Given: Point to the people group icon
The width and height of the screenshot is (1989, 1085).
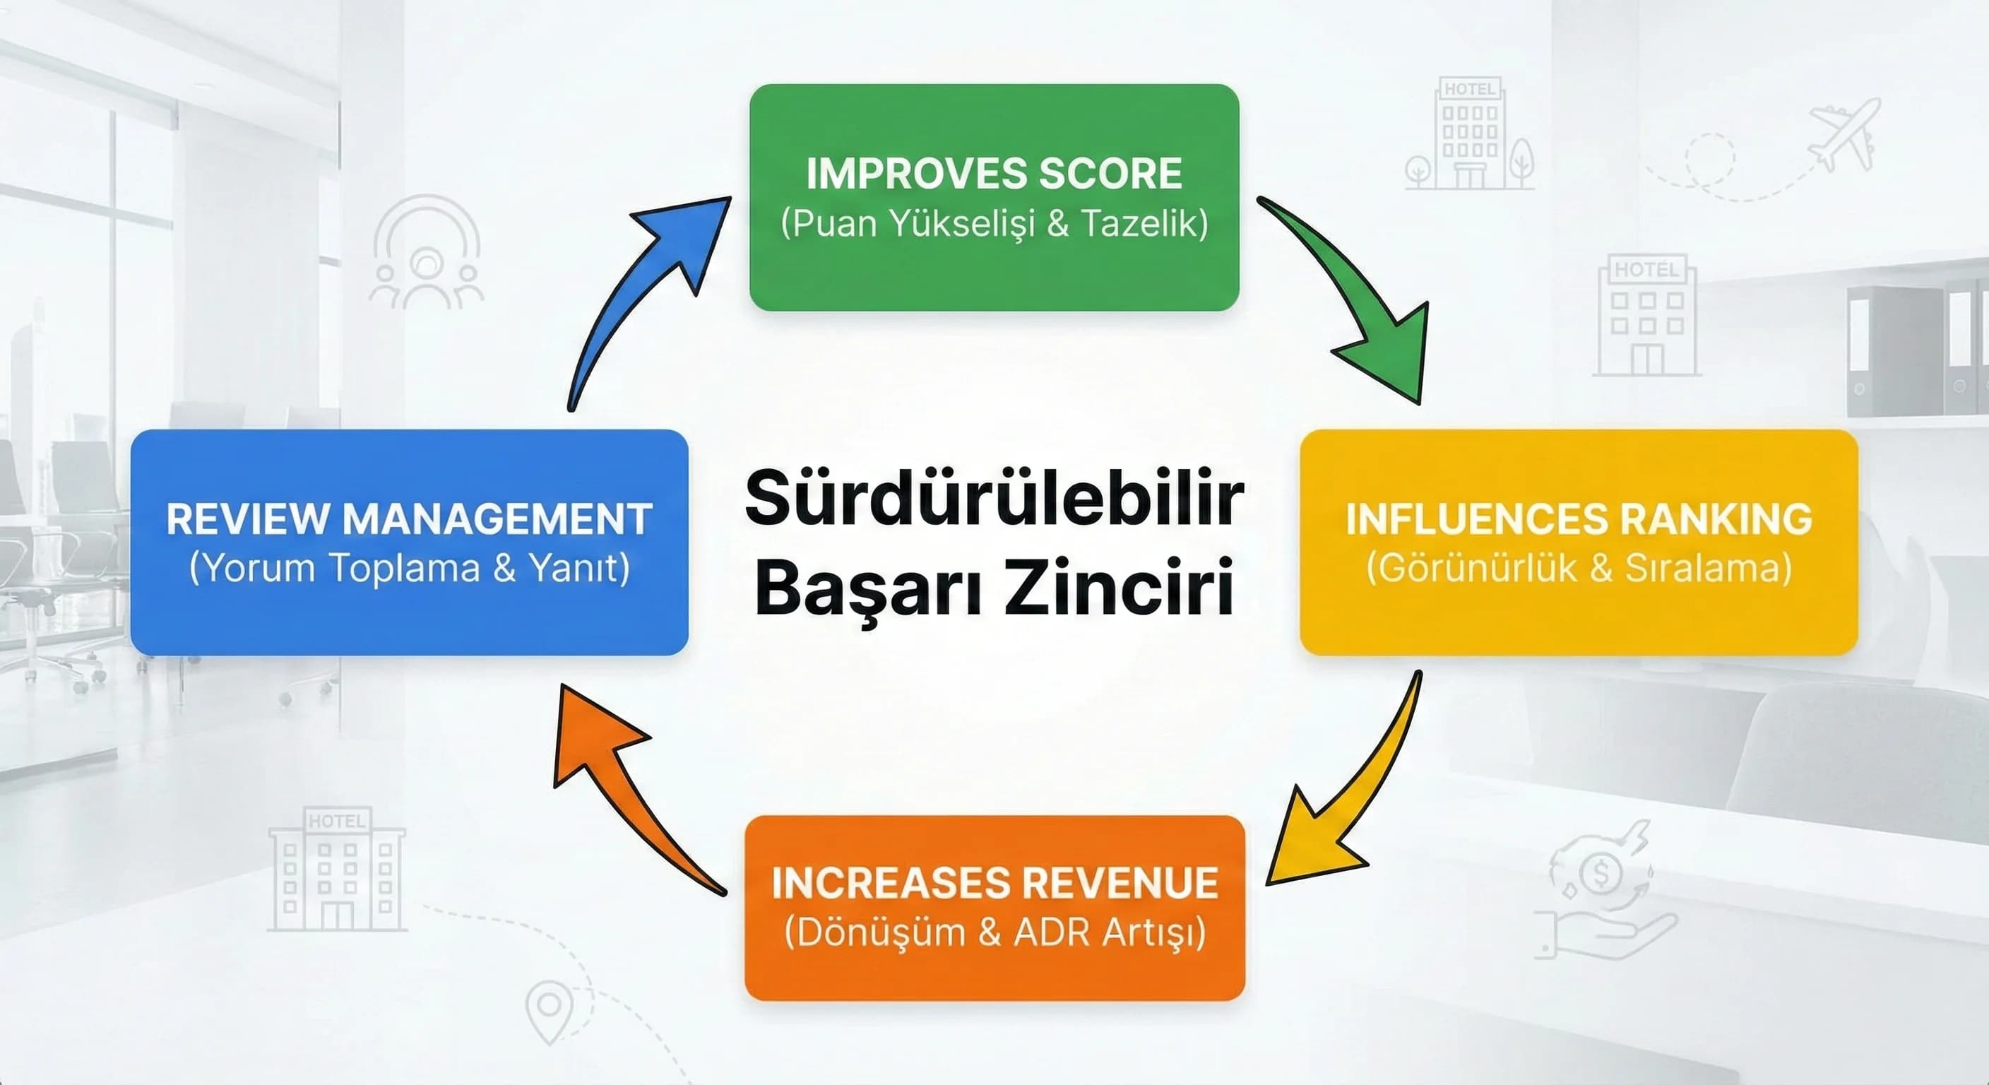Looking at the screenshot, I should click(x=425, y=255).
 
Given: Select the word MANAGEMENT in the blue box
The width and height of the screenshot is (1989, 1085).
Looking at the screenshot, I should click(x=497, y=519).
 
